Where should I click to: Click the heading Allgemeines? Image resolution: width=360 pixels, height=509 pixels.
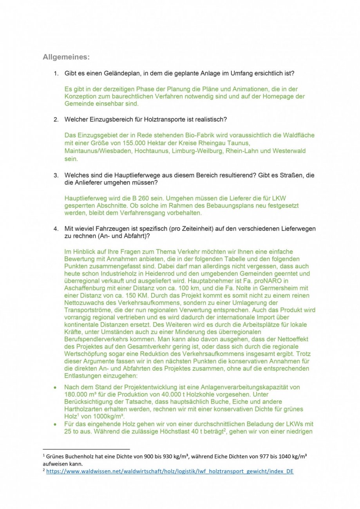coord(66,57)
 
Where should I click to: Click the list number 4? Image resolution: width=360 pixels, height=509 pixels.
coord(56,229)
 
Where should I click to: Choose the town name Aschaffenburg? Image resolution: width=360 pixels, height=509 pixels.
coord(88,288)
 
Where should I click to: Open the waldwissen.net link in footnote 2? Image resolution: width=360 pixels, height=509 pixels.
coord(169,471)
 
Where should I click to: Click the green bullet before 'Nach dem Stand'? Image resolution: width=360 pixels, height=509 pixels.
coord(56,387)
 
